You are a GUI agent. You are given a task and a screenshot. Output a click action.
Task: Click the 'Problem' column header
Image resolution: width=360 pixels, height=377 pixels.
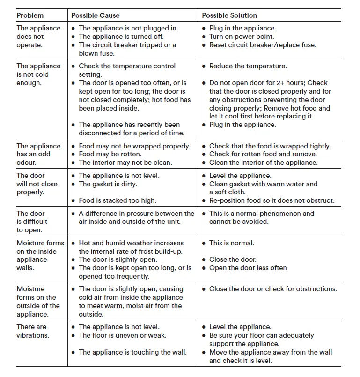pos(30,15)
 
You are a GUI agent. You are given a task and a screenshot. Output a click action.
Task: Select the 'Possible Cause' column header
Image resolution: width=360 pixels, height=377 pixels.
pos(96,15)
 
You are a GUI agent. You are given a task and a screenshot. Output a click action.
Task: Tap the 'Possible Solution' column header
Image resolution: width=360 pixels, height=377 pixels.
pos(230,15)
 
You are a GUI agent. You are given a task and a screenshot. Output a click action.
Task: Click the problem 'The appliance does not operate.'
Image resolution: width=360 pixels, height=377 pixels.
pos(38,37)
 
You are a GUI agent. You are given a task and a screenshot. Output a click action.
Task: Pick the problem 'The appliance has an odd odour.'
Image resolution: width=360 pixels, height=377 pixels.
pos(38,154)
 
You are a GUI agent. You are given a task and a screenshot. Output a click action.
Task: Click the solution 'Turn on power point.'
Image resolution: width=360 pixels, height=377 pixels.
pos(242,37)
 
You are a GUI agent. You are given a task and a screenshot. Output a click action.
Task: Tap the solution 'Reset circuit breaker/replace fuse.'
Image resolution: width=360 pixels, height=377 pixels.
pos(263,45)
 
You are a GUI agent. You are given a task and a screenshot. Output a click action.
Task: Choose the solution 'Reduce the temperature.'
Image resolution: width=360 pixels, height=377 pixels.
pos(248,66)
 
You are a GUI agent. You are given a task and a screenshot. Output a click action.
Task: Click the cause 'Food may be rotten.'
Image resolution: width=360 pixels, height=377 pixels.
pos(110,154)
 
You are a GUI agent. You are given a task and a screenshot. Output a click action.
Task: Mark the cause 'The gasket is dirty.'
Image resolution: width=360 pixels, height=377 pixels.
pos(108,184)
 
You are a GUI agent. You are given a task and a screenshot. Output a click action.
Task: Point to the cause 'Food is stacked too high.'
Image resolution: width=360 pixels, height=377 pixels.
pos(118,200)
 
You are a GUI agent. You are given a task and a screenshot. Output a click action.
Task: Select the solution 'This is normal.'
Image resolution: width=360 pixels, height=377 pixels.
pos(232,243)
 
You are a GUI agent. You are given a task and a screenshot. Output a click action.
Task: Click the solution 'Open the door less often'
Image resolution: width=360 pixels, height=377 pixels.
pos(248,268)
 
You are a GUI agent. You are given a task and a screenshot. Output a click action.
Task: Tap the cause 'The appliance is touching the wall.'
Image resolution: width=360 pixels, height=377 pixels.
pos(132,352)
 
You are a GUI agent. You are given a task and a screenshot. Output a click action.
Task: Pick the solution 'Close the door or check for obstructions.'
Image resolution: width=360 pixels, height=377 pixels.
pos(273,289)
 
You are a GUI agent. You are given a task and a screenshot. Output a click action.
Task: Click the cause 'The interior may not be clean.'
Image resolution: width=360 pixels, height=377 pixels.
pos(125,163)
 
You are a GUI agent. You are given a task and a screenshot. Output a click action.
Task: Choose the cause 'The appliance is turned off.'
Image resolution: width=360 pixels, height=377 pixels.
pos(121,37)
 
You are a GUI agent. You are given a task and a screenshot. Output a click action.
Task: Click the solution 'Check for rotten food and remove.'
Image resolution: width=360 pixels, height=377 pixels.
pos(263,154)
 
